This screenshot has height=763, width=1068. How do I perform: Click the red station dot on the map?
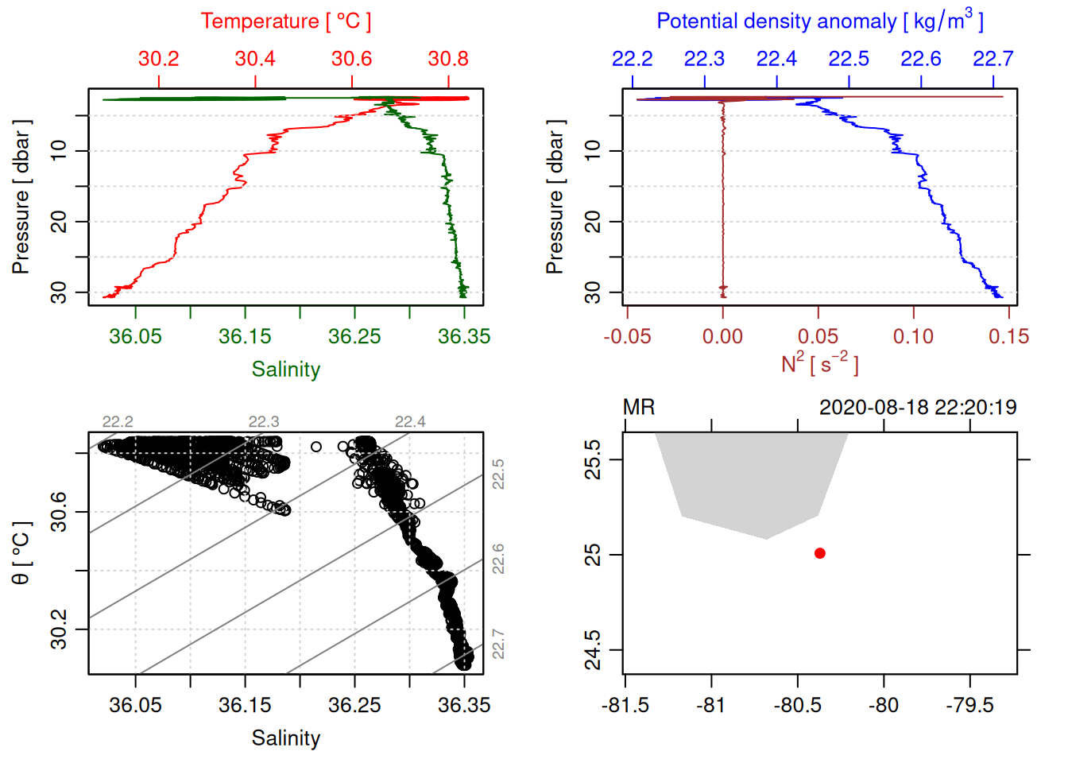(819, 553)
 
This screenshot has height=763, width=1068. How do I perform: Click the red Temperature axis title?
(285, 21)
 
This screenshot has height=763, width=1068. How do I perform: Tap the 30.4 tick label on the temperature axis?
(255, 59)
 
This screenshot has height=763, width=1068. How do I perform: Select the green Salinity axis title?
(285, 370)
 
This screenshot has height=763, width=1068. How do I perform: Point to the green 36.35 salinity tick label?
(464, 336)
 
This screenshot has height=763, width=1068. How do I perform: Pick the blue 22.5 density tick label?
(849, 59)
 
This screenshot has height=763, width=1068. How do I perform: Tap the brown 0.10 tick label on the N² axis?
(913, 336)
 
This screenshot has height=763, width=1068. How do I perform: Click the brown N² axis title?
(819, 364)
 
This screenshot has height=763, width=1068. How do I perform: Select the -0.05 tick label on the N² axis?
(627, 336)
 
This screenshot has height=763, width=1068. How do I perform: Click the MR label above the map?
(639, 408)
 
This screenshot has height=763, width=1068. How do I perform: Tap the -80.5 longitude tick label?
(798, 705)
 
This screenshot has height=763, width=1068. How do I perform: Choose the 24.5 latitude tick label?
(593, 650)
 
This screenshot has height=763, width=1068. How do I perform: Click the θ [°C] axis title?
(21, 553)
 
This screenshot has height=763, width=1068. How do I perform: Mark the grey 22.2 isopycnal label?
(118, 422)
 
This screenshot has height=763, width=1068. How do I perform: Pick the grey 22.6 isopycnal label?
(498, 559)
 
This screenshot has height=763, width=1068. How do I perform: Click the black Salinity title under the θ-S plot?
(285, 738)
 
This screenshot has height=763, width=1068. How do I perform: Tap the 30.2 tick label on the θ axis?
(59, 629)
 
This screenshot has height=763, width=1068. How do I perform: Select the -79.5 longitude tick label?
(969, 705)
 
